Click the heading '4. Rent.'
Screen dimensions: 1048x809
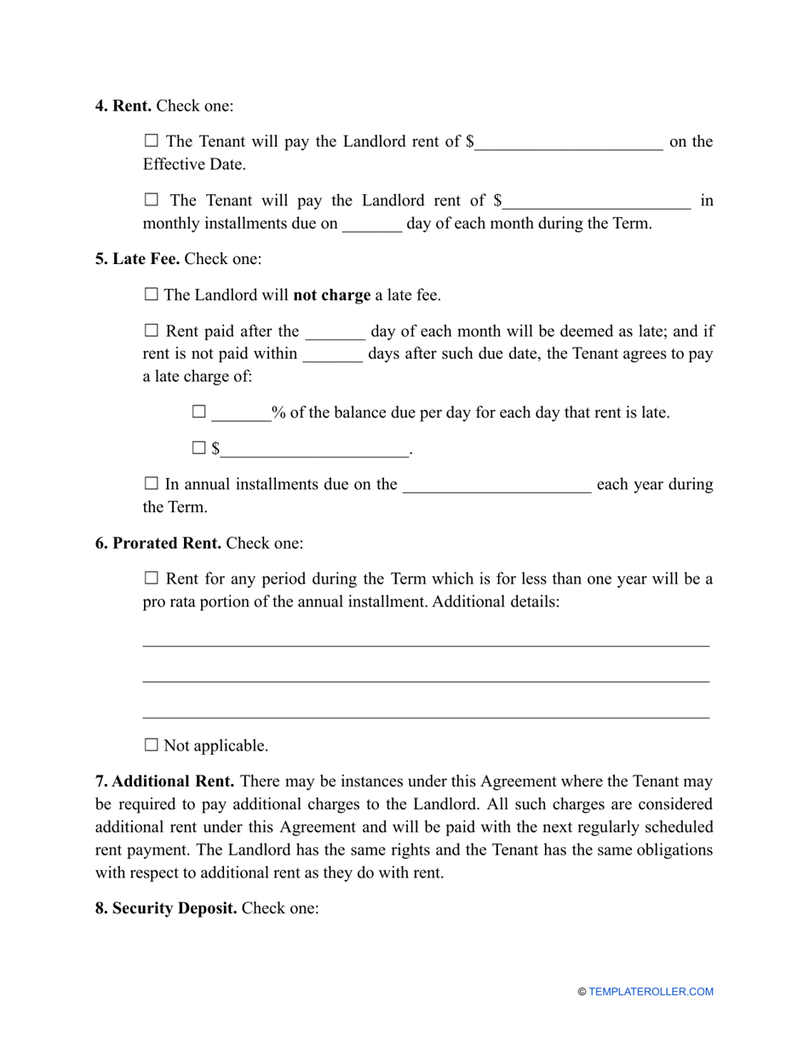click(123, 107)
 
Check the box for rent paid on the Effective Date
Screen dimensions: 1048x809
click(152, 141)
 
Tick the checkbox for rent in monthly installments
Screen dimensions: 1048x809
click(152, 201)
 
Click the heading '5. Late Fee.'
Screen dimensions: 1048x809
click(137, 259)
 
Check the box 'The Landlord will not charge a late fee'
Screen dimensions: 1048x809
click(152, 295)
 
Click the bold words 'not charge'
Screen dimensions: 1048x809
click(331, 296)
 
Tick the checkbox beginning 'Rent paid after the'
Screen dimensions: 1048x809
click(152, 331)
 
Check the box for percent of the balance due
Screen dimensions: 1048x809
click(199, 412)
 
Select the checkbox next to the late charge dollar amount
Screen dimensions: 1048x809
click(199, 447)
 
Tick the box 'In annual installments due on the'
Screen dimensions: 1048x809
click(152, 484)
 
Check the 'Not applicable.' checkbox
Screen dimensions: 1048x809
click(152, 746)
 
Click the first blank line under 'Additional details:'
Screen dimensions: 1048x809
click(426, 642)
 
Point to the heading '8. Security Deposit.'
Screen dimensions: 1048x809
click(166, 909)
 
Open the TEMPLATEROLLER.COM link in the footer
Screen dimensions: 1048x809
click(651, 992)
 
